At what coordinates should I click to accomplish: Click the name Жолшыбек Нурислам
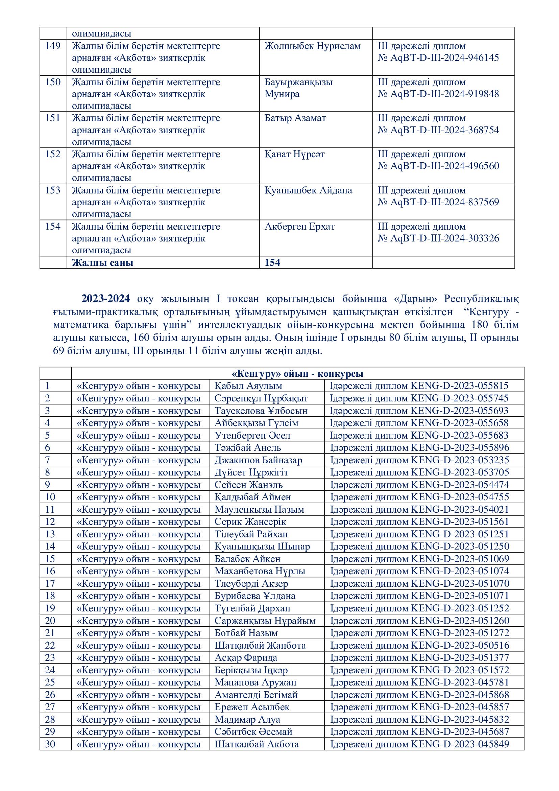pos(312,46)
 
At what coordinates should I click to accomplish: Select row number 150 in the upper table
pos(53,82)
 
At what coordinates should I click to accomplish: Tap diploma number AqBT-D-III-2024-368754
pos(444,130)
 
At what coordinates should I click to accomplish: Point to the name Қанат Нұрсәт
pos(295,154)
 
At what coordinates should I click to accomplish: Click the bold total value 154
pos(272,262)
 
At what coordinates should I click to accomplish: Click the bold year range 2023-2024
pos(106,298)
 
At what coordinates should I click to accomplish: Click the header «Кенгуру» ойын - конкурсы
pos(297,373)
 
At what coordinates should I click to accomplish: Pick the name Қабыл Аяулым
pos(248,386)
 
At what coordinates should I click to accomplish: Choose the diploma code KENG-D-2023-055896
pos(460,447)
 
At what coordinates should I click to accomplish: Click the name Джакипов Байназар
pos(258,460)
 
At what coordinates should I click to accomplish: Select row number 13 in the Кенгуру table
pos(50,534)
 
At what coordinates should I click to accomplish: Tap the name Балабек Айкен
pos(247,558)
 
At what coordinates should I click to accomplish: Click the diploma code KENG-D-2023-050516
pos(460,645)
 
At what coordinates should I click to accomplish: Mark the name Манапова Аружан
pos(256,682)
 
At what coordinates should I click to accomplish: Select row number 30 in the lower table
pos(50,744)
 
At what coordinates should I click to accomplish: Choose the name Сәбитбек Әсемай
pos(253,731)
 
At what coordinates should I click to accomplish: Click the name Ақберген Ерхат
pos(299,226)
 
